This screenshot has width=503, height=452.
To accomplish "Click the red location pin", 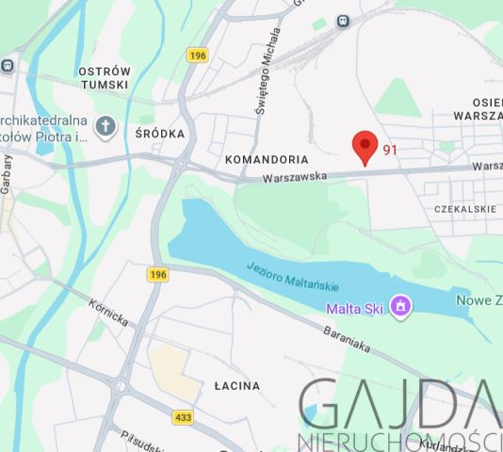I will (x=365, y=147).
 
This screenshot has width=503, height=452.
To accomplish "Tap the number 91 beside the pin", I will (x=391, y=150).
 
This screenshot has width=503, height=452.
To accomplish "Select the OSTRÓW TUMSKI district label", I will (x=104, y=78).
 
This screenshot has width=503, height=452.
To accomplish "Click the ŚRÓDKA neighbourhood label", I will (x=159, y=134).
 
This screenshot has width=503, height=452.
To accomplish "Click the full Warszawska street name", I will (x=294, y=176).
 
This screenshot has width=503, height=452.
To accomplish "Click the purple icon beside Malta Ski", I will (x=401, y=306).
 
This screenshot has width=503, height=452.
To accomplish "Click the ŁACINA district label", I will (x=235, y=386).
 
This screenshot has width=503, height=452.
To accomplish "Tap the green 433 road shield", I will (x=185, y=416).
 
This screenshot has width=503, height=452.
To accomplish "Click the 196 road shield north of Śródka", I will (x=197, y=55).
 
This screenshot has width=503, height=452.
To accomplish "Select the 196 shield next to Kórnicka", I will (x=157, y=275).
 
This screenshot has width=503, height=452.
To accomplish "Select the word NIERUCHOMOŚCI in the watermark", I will (x=396, y=441).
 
